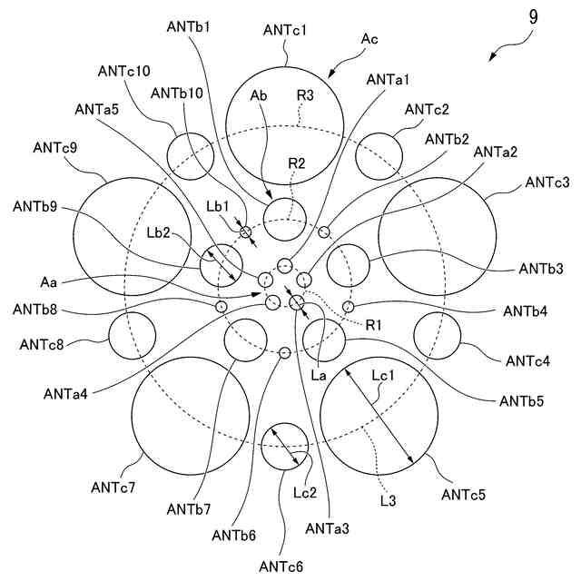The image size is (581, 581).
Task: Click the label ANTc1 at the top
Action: tap(285, 30)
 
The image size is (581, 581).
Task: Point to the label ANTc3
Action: tap(547, 182)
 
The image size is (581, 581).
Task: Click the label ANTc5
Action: tap(463, 495)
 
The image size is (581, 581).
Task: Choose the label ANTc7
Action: tap(113, 487)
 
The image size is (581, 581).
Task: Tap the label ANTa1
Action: tap(389, 80)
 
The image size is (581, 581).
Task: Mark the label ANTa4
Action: tap(66, 393)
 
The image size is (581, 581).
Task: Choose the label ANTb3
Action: tap(542, 269)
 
